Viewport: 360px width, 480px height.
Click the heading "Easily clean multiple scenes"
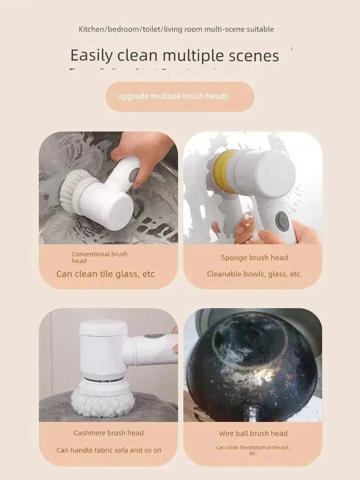pyautogui.click(x=175, y=56)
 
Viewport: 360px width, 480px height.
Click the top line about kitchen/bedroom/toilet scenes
pyautogui.click(x=176, y=29)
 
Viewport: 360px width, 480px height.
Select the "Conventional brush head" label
pyautogui.click(x=99, y=257)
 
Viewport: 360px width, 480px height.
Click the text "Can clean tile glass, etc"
pyautogui.click(x=106, y=274)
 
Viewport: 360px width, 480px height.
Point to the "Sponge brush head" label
pyautogui.click(x=254, y=258)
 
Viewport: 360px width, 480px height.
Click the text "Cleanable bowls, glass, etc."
pyautogui.click(x=254, y=274)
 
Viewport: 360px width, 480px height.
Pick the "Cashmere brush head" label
pyautogui.click(x=108, y=433)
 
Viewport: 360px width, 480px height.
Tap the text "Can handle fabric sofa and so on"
pyautogui.click(x=109, y=450)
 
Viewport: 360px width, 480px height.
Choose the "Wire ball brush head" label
pyautogui.click(x=253, y=433)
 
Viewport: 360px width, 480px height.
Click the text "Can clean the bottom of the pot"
pyautogui.click(x=253, y=450)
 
